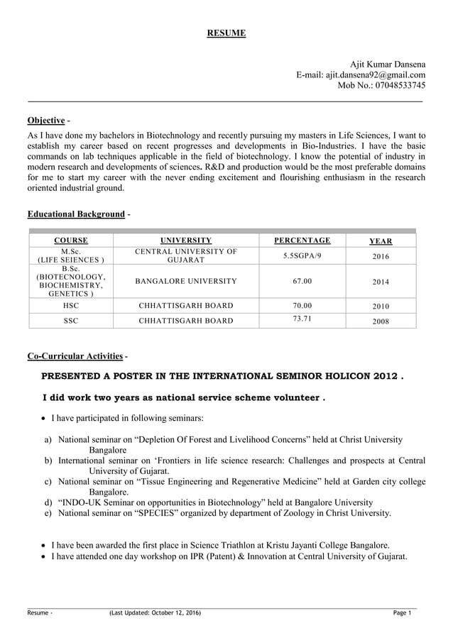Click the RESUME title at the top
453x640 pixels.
pyautogui.click(x=226, y=33)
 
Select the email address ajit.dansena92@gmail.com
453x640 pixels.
pyautogui.click(x=376, y=75)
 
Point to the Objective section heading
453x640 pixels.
pyautogui.click(x=46, y=120)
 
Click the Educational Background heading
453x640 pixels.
pyautogui.click(x=76, y=214)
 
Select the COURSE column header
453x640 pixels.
pyautogui.click(x=71, y=241)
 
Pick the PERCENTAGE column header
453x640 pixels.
pyautogui.click(x=302, y=241)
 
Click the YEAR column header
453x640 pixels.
pyautogui.click(x=381, y=241)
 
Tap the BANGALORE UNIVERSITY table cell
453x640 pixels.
pyautogui.click(x=186, y=282)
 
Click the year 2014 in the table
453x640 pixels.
pyautogui.click(x=381, y=282)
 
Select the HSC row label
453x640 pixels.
pyautogui.click(x=71, y=306)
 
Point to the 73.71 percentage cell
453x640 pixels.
pyautogui.click(x=302, y=319)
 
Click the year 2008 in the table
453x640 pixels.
pyautogui.click(x=381, y=321)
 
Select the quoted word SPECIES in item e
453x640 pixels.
pyautogui.click(x=168, y=512)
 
